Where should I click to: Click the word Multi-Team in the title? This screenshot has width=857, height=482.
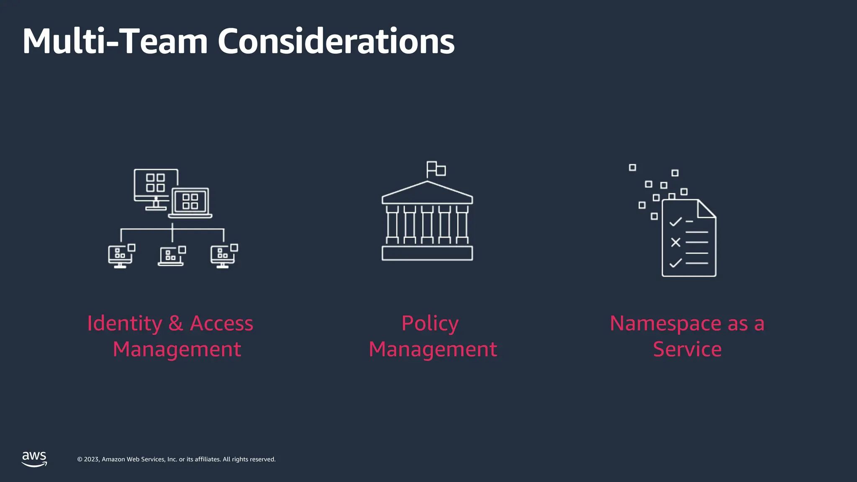115,41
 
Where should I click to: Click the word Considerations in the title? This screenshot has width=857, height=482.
336,41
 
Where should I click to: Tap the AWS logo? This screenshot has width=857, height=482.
34,459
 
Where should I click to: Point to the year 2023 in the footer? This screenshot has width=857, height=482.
92,459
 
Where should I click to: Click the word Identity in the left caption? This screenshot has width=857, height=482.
124,323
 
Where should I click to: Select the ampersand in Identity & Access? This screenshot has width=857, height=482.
176,323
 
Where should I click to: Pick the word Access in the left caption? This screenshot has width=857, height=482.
221,323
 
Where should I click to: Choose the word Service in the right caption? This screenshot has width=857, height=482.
687,349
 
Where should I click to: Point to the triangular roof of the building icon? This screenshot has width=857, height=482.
427,192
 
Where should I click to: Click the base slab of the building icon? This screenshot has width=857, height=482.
427,254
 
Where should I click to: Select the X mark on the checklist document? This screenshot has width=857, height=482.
675,242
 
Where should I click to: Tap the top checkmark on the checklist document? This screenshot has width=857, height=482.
675,221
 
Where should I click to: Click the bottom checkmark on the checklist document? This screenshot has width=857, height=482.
675,263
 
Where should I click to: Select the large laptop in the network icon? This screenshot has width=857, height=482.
190,203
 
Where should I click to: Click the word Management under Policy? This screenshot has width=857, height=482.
433,349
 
